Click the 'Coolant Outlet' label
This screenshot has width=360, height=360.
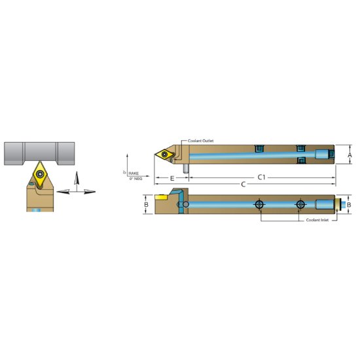[201, 141]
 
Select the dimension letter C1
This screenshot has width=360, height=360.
[261, 177]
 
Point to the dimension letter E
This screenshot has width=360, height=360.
[171, 177]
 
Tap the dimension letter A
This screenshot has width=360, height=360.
[350, 155]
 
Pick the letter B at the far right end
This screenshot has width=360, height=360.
[350, 205]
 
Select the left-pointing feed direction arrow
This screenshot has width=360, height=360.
[62, 191]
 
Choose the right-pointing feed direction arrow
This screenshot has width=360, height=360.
[90, 191]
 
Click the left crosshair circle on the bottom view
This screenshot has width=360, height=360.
[260, 205]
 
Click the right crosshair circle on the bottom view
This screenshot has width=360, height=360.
[300, 205]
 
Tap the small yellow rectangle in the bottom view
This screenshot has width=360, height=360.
[160, 196]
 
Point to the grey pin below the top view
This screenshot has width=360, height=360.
[187, 168]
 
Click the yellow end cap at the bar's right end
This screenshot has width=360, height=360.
[338, 205]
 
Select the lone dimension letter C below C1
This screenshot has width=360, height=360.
[244, 185]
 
